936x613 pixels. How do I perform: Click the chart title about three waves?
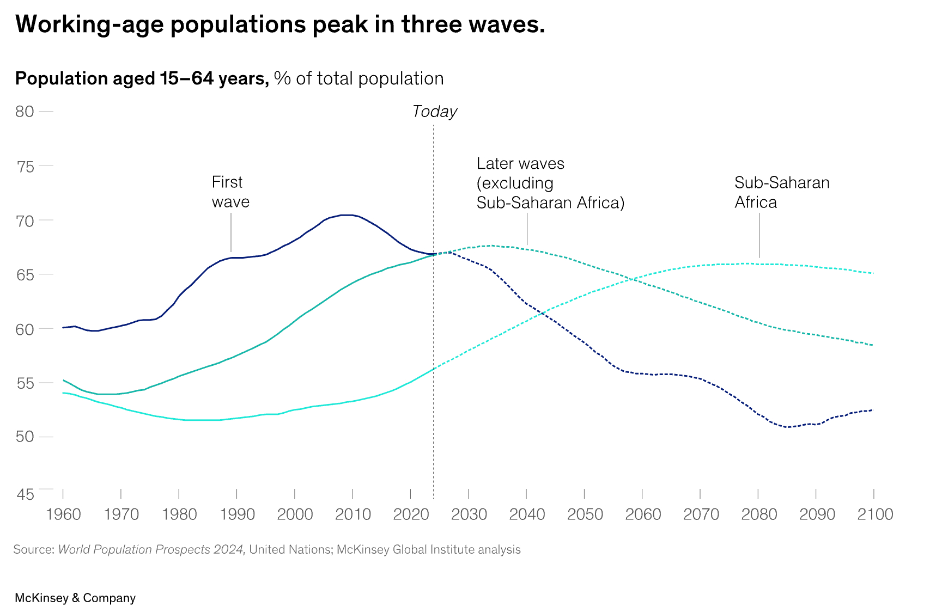(x=280, y=25)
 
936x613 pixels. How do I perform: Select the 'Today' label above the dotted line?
(x=434, y=112)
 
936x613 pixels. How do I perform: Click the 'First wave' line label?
(x=230, y=192)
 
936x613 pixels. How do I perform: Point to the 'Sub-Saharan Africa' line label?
(x=781, y=192)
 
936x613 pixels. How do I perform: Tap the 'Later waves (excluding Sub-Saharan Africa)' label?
(x=550, y=183)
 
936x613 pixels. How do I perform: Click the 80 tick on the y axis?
(x=25, y=112)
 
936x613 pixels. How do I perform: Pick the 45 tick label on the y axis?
(x=25, y=494)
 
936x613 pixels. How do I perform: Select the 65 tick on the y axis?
(x=25, y=275)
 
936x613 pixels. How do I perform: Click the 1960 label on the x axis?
(x=63, y=514)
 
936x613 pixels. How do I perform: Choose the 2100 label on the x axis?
(x=875, y=514)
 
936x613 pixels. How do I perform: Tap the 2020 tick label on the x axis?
(x=411, y=514)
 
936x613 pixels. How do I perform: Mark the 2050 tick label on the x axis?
(x=585, y=514)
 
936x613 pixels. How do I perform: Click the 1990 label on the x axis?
(x=237, y=514)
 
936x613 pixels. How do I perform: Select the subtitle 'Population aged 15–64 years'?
(x=142, y=79)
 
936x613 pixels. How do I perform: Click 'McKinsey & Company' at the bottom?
(x=75, y=598)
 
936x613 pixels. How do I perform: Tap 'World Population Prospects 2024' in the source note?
(x=151, y=550)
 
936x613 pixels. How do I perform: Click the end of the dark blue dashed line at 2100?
(x=873, y=410)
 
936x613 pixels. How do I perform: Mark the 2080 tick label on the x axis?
(x=759, y=514)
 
